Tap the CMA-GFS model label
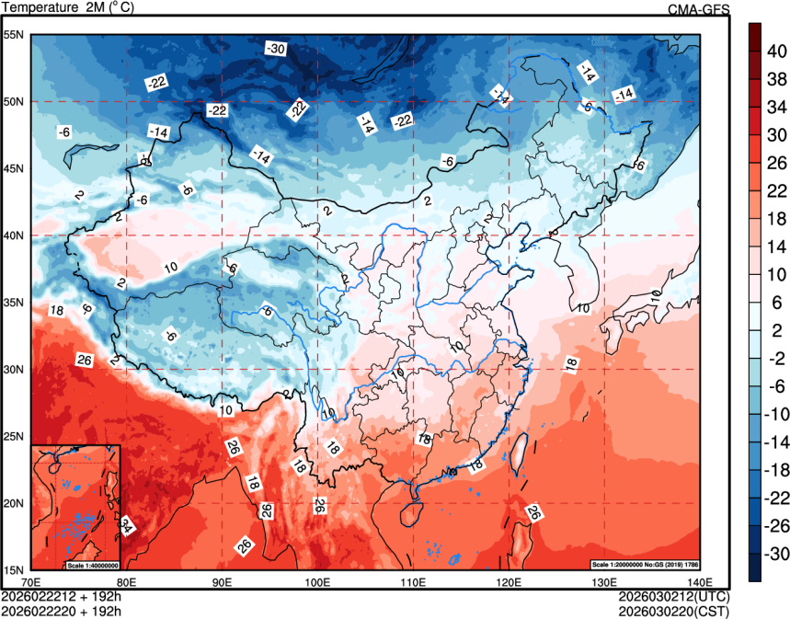point(698,9)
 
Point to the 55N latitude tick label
point(14,35)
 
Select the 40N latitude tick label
point(14,235)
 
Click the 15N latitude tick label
point(14,569)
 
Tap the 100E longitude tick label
point(317,581)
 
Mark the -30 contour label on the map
point(275,49)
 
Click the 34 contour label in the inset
point(126,526)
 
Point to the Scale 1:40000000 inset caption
point(93,564)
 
